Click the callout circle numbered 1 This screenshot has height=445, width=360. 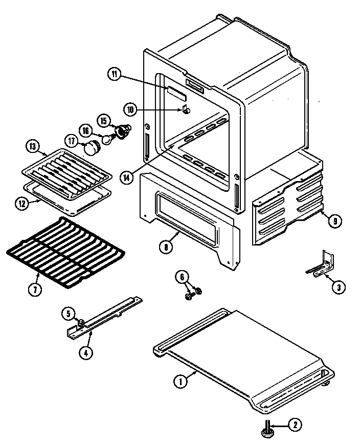click(179, 381)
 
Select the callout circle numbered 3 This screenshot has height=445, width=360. click(338, 287)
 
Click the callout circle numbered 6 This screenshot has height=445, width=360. click(181, 277)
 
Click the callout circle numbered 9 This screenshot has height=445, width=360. click(333, 221)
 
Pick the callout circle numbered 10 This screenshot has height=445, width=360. click(130, 108)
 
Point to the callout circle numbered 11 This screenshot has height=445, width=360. click(114, 74)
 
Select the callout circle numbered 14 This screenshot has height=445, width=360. click(128, 177)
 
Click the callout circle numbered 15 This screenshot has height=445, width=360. click(104, 121)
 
